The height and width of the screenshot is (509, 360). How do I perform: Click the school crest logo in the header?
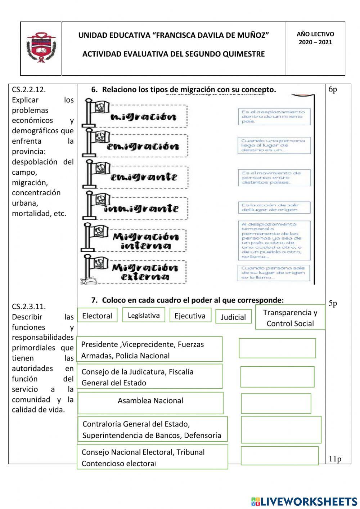[41, 48]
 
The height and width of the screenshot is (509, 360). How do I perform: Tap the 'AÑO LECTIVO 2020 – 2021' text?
[315, 38]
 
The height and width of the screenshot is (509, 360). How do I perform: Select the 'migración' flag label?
[144, 117]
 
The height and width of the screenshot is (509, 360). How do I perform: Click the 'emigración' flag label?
[143, 146]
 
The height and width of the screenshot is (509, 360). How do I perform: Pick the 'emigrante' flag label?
[143, 177]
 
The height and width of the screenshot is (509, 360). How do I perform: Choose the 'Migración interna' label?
[145, 241]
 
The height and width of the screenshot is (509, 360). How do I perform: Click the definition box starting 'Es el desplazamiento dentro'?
[274, 117]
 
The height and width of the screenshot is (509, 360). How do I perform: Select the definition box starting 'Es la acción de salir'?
[274, 207]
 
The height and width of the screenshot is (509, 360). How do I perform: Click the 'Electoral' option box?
[97, 316]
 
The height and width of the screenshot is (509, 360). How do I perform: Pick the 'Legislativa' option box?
[144, 315]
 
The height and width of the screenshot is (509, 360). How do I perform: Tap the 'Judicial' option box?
[233, 317]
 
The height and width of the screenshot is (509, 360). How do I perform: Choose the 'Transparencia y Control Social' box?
[290, 318]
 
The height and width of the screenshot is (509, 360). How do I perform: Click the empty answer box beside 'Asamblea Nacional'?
[276, 403]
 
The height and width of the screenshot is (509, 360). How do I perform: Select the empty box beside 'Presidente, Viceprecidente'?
[277, 348]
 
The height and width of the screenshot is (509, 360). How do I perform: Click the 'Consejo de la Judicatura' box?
[150, 376]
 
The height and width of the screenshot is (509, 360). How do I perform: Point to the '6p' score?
[333, 90]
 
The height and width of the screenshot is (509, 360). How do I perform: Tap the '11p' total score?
[335, 459]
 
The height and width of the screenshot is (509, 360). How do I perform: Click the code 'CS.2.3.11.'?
[29, 307]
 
